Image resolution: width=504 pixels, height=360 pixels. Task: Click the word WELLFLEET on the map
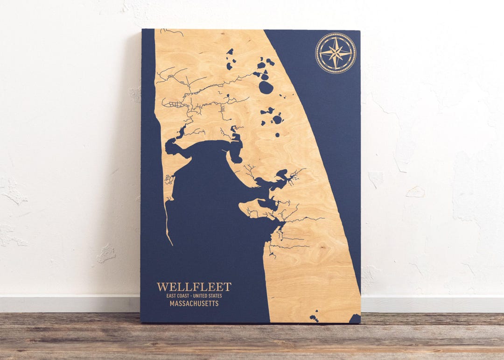coord(194,287)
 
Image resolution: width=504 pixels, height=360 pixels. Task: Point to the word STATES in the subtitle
coord(215,296)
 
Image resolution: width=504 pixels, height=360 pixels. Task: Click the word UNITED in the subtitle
coord(200,296)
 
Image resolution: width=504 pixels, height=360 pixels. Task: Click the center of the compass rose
coord(336,53)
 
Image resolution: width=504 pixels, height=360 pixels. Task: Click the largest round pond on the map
coord(266,87)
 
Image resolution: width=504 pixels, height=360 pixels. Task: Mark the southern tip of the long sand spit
coord(171,243)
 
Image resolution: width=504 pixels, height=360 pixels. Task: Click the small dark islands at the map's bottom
coord(314,317)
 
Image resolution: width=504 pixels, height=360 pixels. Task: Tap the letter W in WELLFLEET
coord(162,287)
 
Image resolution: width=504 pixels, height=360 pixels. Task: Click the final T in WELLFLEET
coord(228,287)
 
